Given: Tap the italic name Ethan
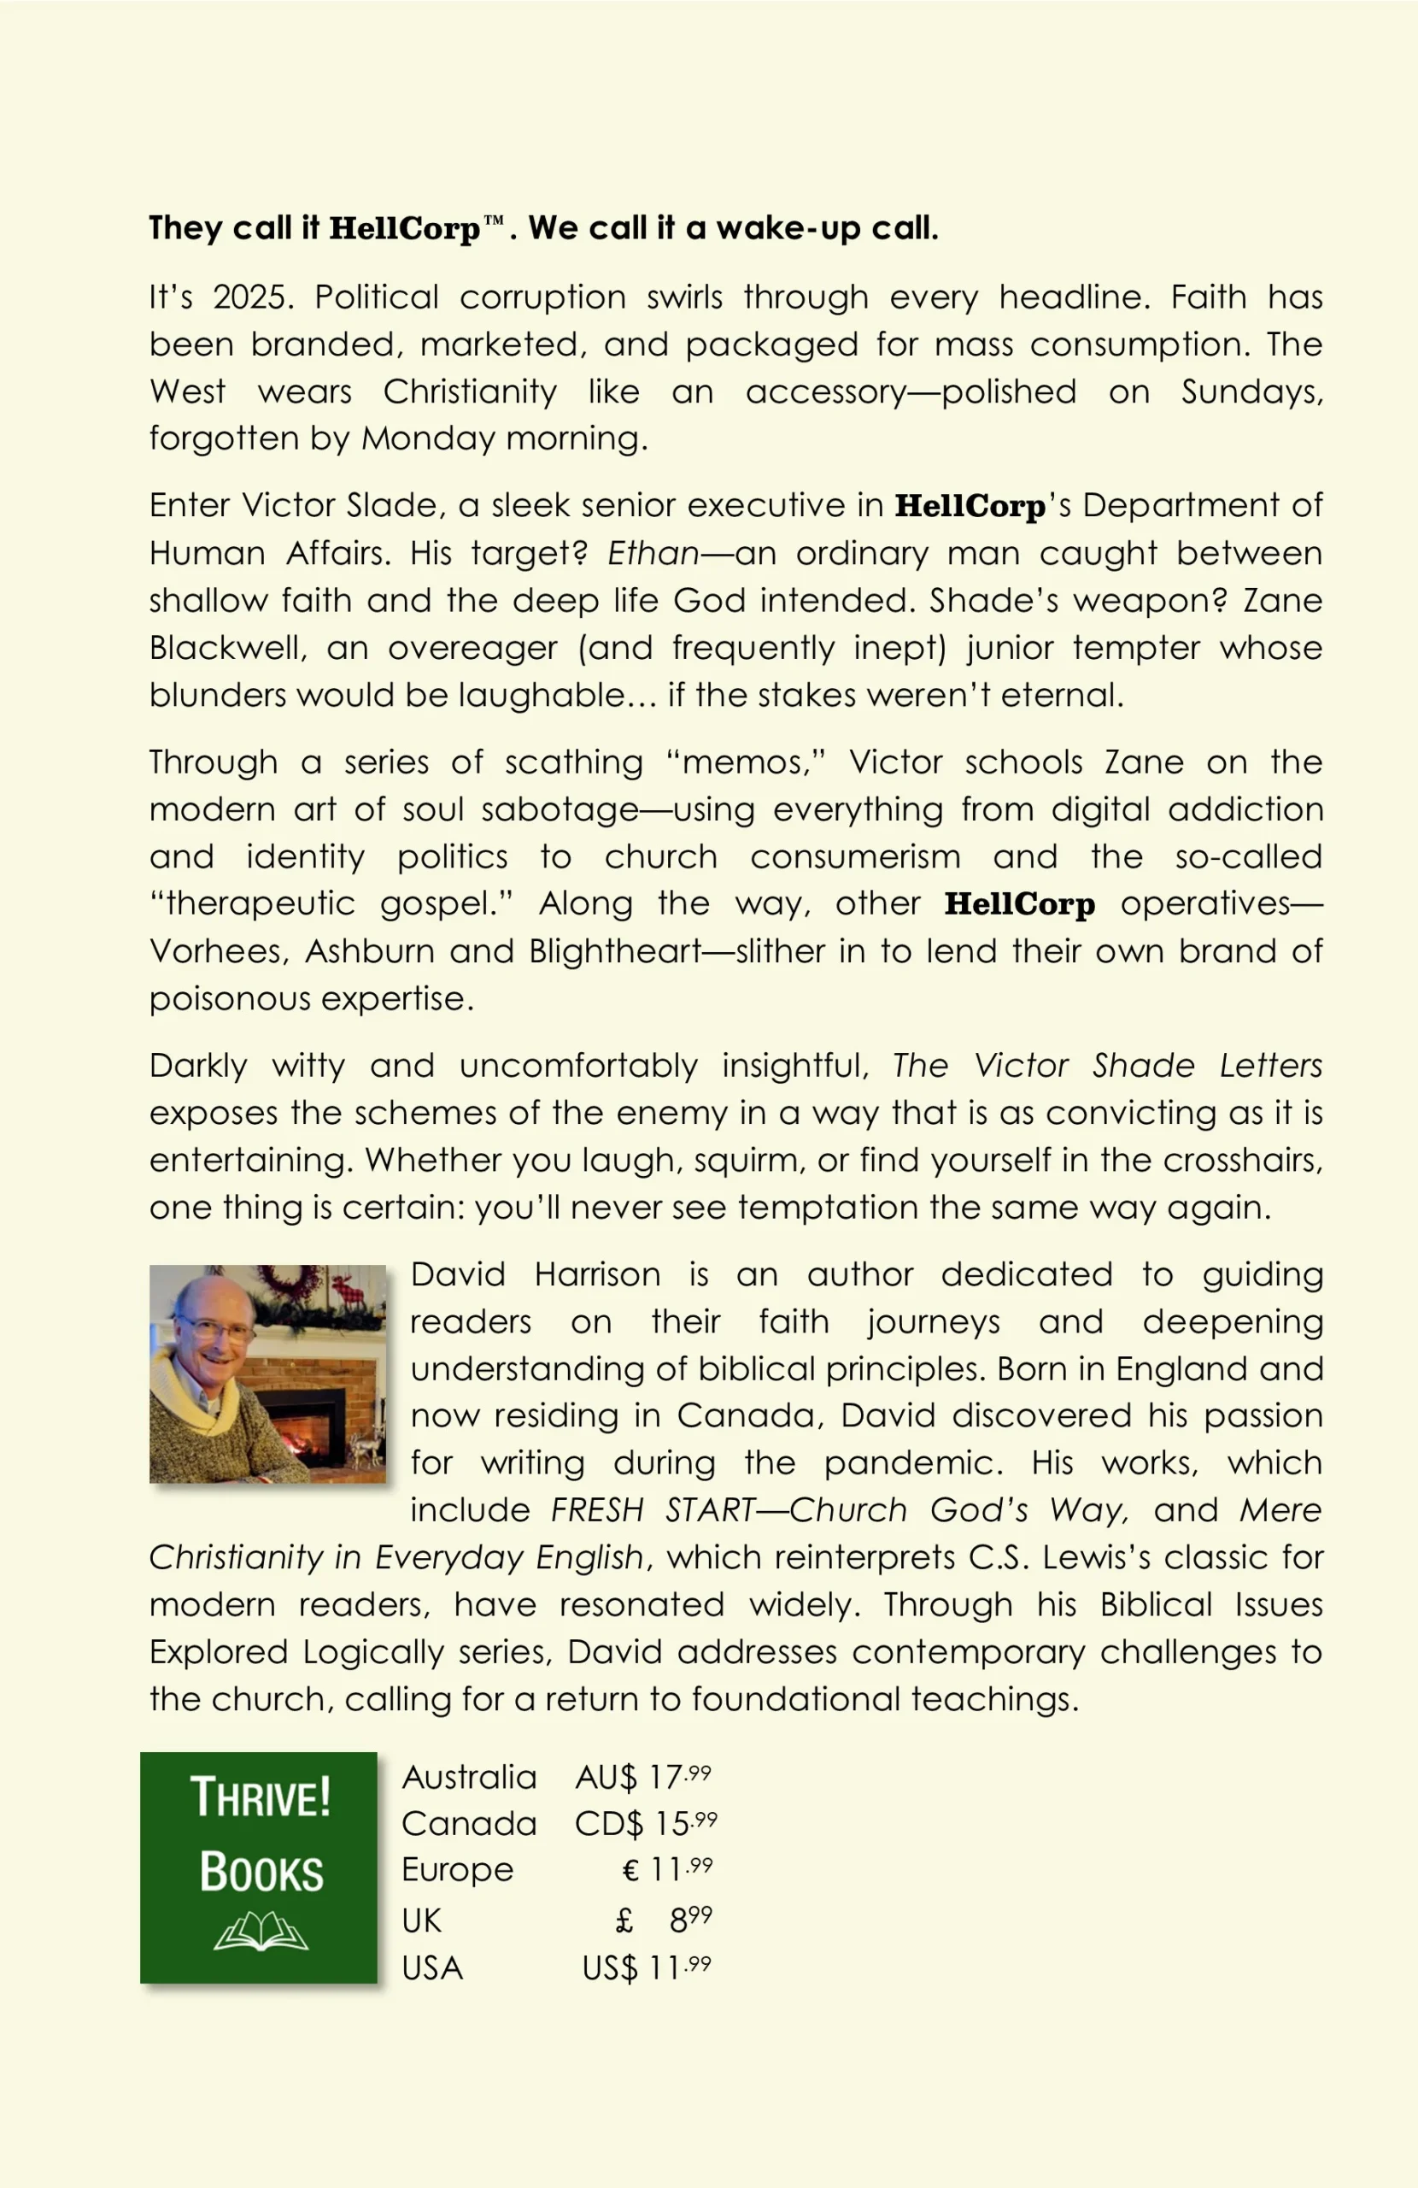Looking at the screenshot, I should (x=653, y=554).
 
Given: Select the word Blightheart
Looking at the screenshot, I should (x=615, y=950).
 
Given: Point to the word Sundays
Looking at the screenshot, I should (x=1251, y=392).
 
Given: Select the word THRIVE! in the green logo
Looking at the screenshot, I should (x=260, y=1798).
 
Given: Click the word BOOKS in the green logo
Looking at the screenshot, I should (x=261, y=1872).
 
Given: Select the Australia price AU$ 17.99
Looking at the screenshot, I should (x=642, y=1777).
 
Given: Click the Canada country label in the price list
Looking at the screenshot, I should (x=469, y=1824).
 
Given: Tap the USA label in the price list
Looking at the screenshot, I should (x=432, y=1968).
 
